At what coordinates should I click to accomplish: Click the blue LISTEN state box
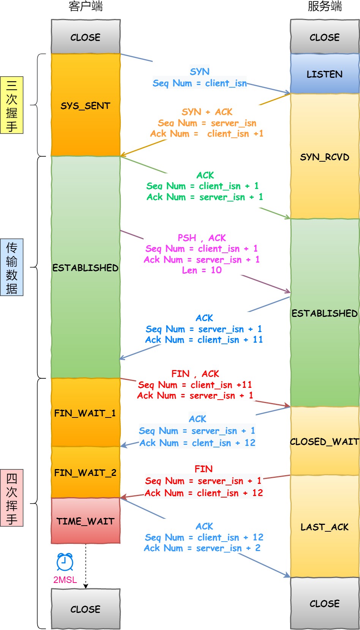pyautogui.click(x=325, y=74)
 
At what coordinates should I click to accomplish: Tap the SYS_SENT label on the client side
pyautogui.click(x=85, y=106)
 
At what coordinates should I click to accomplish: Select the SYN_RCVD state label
pyautogui.click(x=325, y=157)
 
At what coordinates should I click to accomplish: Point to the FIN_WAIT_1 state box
pyautogui.click(x=85, y=413)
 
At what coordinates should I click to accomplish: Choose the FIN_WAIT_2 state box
pyautogui.click(x=85, y=472)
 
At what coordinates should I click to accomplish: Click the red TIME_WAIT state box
pyautogui.click(x=85, y=521)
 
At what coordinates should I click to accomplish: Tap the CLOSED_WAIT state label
pyautogui.click(x=325, y=441)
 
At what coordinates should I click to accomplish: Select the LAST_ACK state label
pyautogui.click(x=325, y=527)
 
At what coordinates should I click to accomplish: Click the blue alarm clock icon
pyautogui.click(x=65, y=562)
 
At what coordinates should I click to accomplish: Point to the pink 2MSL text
pyautogui.click(x=65, y=580)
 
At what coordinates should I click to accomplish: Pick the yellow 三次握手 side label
pyautogui.click(x=12, y=105)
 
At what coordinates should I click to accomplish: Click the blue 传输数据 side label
pyautogui.click(x=12, y=267)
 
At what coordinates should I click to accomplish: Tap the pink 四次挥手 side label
pyautogui.click(x=12, y=498)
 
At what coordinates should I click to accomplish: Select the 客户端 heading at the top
pyautogui.click(x=85, y=6)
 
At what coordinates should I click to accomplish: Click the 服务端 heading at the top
pyautogui.click(x=325, y=6)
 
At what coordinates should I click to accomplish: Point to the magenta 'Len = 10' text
pyautogui.click(x=202, y=270)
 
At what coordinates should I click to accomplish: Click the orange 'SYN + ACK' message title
pyautogui.click(x=207, y=112)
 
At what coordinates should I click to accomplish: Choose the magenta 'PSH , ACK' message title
pyautogui.click(x=202, y=238)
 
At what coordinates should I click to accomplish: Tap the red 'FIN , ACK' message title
pyautogui.click(x=195, y=374)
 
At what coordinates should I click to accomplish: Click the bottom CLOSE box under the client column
pyautogui.click(x=85, y=609)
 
